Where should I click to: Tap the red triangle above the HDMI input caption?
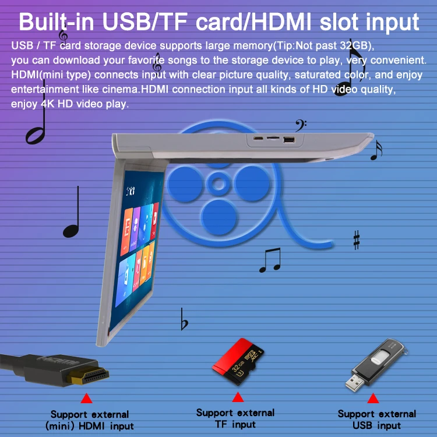click(87, 399)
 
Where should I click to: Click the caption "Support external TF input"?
click(235, 418)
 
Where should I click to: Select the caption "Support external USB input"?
click(377, 420)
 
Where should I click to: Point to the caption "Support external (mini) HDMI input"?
click(89, 420)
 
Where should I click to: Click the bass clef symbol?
click(300, 125)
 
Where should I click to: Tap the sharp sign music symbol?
click(356, 240)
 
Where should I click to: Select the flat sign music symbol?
click(184, 320)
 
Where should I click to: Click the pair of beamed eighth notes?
click(269, 260)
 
